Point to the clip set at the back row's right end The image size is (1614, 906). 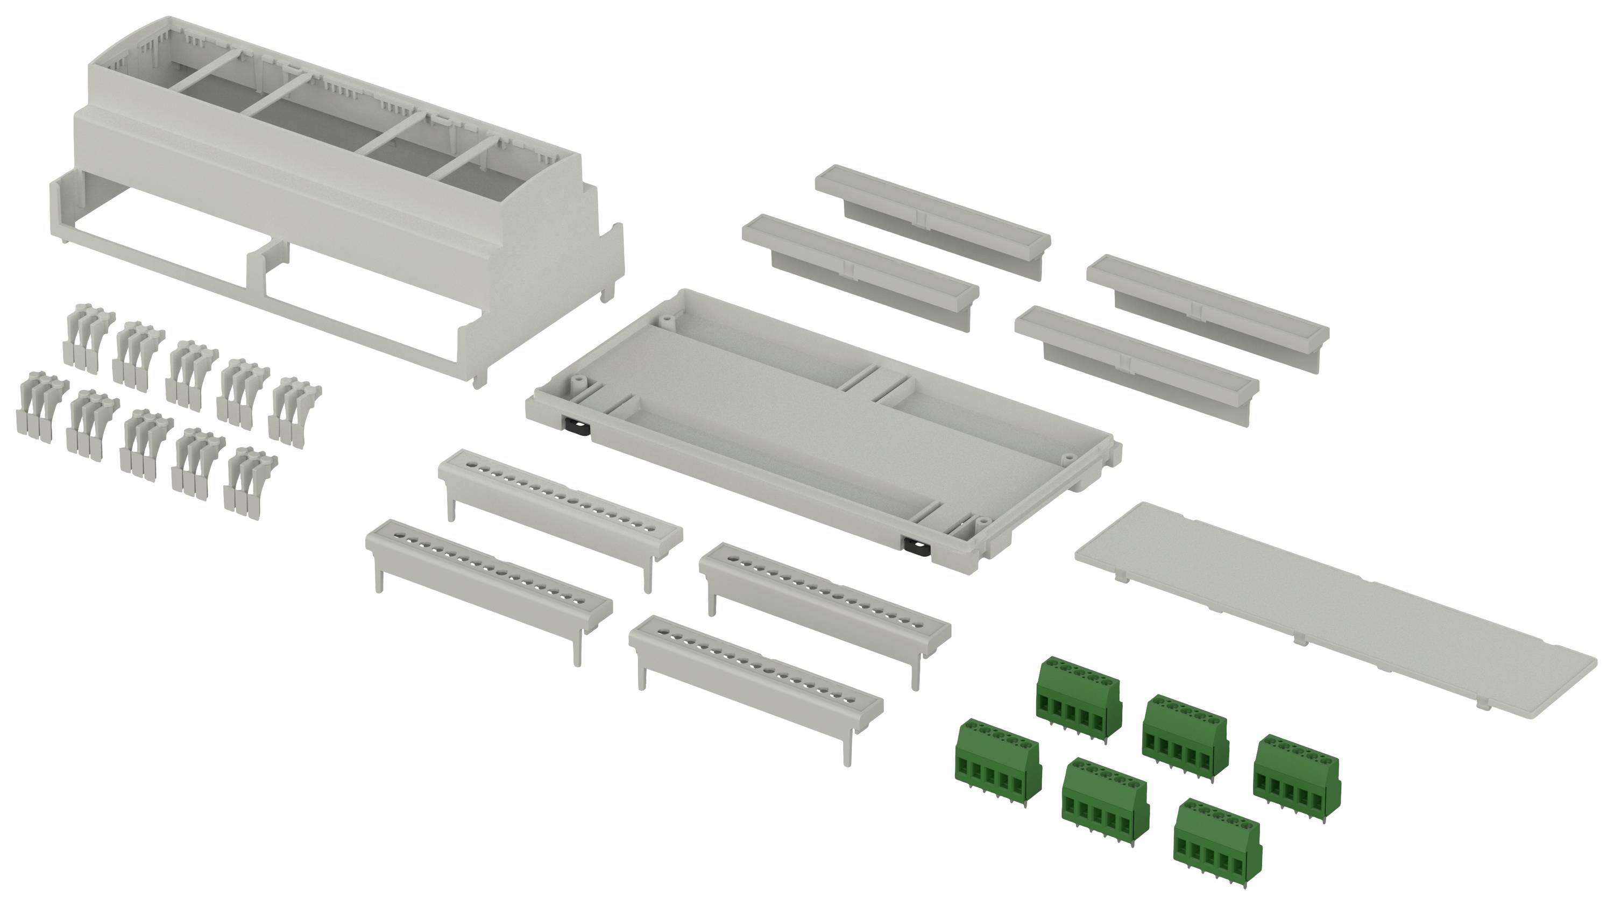click(294, 410)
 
